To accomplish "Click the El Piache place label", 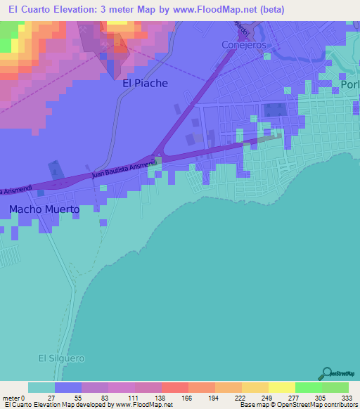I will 145,83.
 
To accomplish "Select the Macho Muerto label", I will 44,209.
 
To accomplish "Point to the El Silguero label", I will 61,358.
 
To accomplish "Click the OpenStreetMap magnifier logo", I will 326,374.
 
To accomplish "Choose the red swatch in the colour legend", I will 174,387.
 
